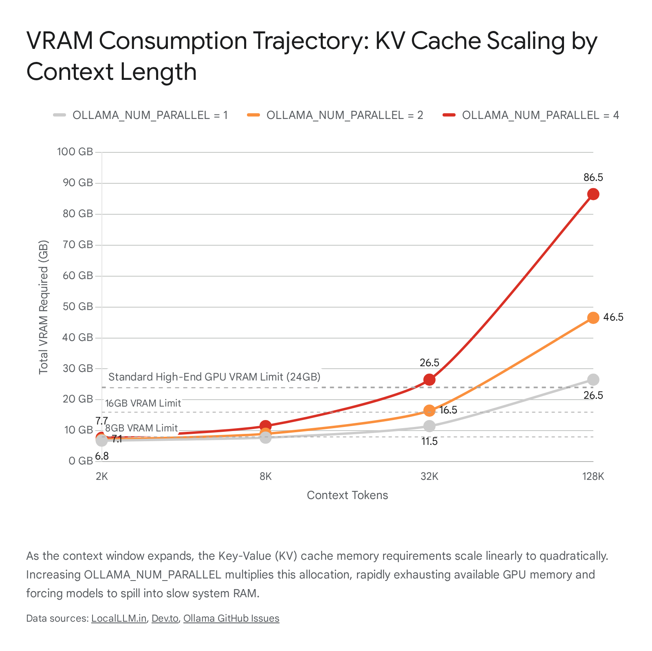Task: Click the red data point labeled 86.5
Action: click(x=593, y=194)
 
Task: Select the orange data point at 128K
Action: click(x=593, y=318)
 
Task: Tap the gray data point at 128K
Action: click(x=593, y=380)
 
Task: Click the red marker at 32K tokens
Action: click(x=429, y=380)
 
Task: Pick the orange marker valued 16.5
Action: click(x=429, y=411)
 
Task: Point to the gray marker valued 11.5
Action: click(x=429, y=426)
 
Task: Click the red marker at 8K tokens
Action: click(x=265, y=426)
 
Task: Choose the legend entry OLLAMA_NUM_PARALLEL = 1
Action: click(x=141, y=115)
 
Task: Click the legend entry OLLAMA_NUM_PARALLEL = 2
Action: click(x=335, y=115)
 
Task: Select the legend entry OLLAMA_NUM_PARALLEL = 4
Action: click(x=531, y=115)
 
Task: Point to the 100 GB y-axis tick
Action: click(x=75, y=152)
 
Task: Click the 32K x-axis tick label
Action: click(x=429, y=476)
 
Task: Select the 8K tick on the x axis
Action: click(x=265, y=476)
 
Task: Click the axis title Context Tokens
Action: click(x=347, y=495)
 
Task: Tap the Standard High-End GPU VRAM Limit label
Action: click(x=214, y=377)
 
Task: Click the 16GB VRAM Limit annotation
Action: click(x=143, y=403)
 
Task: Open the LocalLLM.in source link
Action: click(x=119, y=618)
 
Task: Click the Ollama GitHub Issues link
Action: click(x=231, y=618)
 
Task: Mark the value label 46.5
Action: click(x=613, y=317)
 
